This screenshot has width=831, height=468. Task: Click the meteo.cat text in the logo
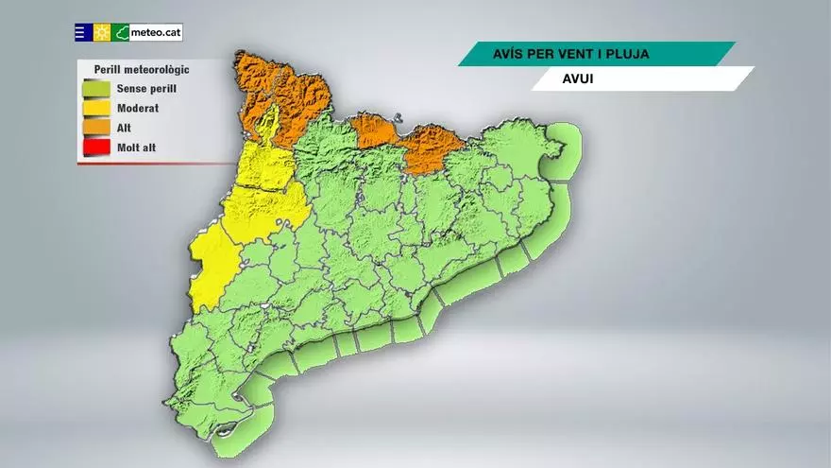[x=156, y=33]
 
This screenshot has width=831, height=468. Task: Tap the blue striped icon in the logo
[x=83, y=33]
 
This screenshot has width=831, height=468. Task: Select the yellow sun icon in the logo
[x=102, y=33]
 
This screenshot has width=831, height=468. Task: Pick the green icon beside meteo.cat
[x=121, y=33]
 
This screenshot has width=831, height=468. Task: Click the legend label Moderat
[x=138, y=109]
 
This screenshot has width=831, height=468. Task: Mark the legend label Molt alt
[x=139, y=147]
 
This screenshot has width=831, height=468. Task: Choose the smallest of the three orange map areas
[x=376, y=130]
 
